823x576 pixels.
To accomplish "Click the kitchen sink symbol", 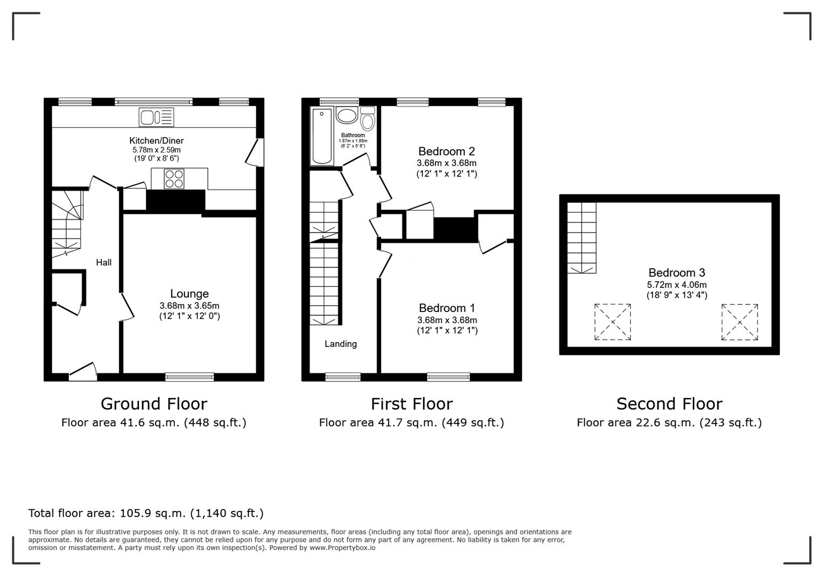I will tap(156, 117).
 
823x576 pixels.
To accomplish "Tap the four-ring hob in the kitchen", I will tap(174, 179).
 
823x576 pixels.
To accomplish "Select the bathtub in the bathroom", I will tap(321, 135).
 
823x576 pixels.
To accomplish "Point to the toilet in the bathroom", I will tap(367, 119).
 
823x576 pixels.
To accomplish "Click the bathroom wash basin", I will tap(347, 116).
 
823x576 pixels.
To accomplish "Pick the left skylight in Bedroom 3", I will tap(612, 322).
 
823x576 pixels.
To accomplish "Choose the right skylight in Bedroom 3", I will tap(739, 322).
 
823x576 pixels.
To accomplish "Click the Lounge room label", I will tap(189, 294).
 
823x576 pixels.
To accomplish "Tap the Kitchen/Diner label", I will tap(156, 141).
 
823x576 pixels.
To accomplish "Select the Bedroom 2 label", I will tap(446, 151).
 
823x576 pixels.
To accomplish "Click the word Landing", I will tap(341, 344).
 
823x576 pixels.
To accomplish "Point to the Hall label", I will tap(103, 262).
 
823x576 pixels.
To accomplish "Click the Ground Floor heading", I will tap(154, 404).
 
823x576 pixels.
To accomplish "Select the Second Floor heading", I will tap(669, 404).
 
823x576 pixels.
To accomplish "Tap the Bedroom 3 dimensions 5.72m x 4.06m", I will tap(676, 285).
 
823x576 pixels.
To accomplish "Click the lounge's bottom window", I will tap(189, 377).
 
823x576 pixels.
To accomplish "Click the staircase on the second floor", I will tap(581, 238).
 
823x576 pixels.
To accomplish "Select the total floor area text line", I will tap(146, 513).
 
